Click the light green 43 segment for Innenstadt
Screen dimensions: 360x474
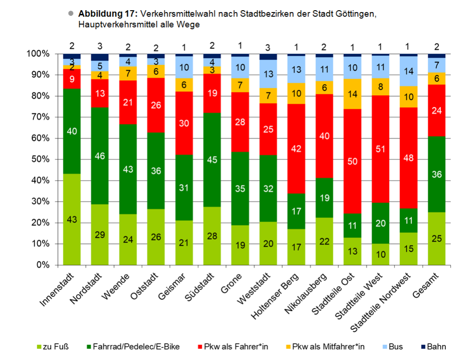click(72, 219)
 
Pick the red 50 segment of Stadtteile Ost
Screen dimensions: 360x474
click(352, 161)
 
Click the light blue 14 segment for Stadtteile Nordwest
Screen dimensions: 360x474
click(408, 71)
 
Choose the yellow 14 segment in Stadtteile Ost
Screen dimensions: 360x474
click(352, 94)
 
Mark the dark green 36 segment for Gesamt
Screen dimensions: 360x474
click(437, 174)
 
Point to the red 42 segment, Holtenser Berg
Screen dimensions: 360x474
click(296, 149)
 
